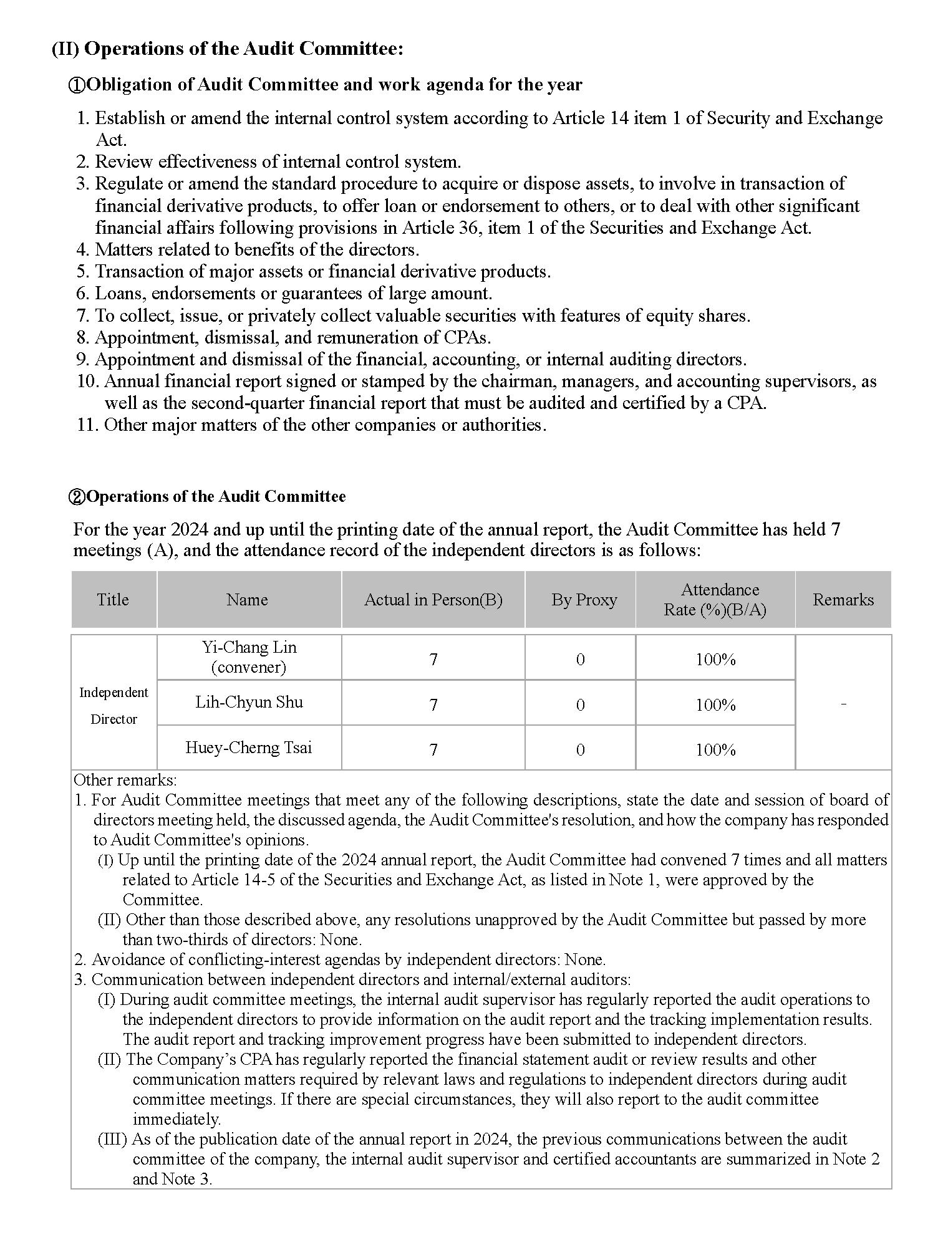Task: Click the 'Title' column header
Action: pyautogui.click(x=113, y=600)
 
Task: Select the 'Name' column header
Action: pyautogui.click(x=248, y=600)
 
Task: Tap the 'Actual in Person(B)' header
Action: pyautogui.click(x=433, y=600)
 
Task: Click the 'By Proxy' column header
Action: pyautogui.click(x=584, y=600)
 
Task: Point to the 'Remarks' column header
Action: pyautogui.click(x=843, y=600)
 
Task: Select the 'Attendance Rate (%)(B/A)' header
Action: pyautogui.click(x=715, y=600)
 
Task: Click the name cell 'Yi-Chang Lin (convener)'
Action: pyautogui.click(x=249, y=657)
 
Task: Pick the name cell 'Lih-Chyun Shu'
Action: pyautogui.click(x=249, y=703)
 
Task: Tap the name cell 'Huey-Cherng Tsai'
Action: pyautogui.click(x=249, y=747)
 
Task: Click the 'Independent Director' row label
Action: pyautogui.click(x=114, y=706)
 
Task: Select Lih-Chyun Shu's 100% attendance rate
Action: pyautogui.click(x=715, y=705)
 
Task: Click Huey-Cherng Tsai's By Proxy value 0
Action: pyautogui.click(x=580, y=750)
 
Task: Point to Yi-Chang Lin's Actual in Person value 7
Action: pyautogui.click(x=433, y=660)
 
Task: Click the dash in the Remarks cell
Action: pyautogui.click(x=843, y=704)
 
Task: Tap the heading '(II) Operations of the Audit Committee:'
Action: pyautogui.click(x=227, y=49)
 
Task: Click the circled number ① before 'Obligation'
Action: pyautogui.click(x=75, y=85)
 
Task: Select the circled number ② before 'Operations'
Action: pyautogui.click(x=75, y=497)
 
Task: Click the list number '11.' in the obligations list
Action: pyautogui.click(x=87, y=425)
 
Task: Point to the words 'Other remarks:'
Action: pyautogui.click(x=125, y=780)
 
